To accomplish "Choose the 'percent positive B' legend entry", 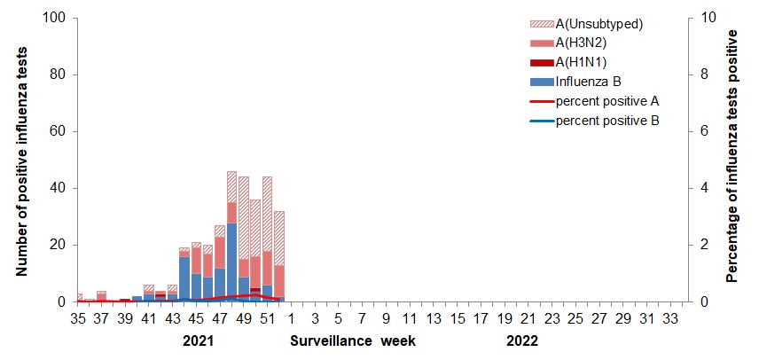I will [x=606, y=120].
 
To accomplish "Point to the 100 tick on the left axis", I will [x=55, y=18].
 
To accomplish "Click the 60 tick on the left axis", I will [x=59, y=131].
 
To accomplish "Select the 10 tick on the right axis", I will [x=703, y=18].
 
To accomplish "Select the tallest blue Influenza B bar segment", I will [x=231, y=262].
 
